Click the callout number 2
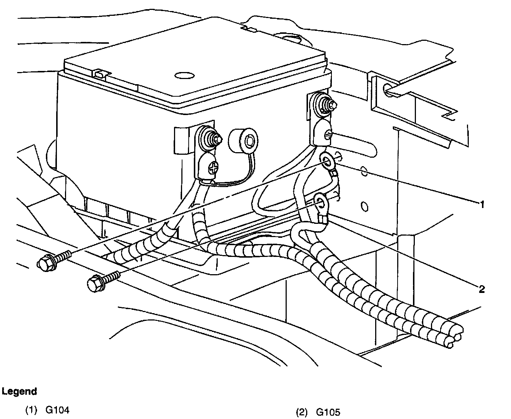(x=482, y=289)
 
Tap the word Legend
(x=19, y=391)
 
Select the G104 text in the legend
(x=57, y=410)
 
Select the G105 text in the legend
(x=328, y=412)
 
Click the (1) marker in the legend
(x=31, y=410)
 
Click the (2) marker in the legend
(x=302, y=412)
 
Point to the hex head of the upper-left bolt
(x=44, y=262)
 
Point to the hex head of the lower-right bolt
(x=94, y=283)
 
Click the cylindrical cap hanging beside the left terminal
(x=242, y=141)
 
